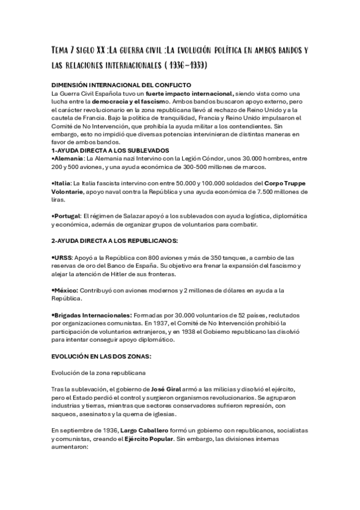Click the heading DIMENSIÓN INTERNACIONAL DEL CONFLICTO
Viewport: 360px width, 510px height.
(113, 85)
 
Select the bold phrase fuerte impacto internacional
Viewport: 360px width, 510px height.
(188, 94)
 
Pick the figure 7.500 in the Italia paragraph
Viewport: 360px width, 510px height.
(284, 191)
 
